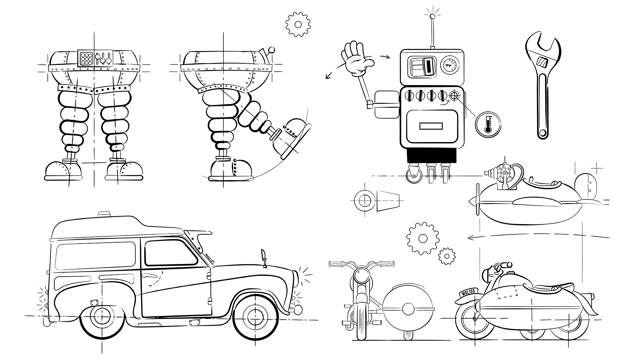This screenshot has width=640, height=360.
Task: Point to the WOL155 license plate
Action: pos(468,292)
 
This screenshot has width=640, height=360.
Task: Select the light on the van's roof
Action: pos(105,214)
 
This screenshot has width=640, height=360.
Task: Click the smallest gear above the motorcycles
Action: pos(447,256)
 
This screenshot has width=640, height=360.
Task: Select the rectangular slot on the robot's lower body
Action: pos(431,127)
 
